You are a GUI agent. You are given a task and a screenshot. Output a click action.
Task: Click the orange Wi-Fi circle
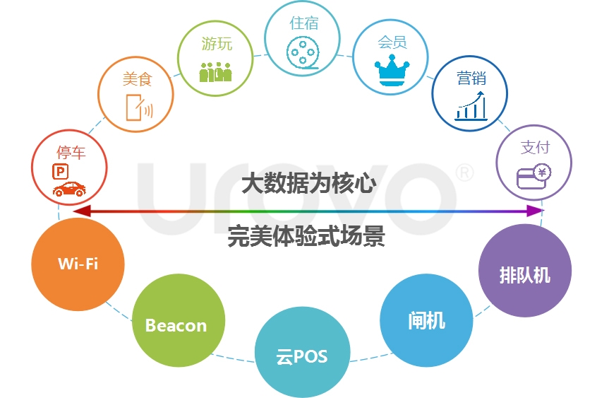click(78, 264)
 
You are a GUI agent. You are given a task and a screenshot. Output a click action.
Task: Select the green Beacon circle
click(179, 320)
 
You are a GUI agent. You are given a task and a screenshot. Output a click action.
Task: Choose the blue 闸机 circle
click(426, 320)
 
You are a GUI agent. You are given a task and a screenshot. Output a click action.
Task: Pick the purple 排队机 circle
click(525, 270)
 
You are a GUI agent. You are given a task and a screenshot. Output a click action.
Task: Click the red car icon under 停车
click(69, 189)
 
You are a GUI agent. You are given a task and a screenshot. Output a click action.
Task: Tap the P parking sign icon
click(60, 172)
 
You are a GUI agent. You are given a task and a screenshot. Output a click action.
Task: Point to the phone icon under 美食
click(139, 107)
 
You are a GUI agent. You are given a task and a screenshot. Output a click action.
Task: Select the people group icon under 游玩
click(215, 71)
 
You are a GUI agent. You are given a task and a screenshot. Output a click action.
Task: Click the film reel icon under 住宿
click(303, 52)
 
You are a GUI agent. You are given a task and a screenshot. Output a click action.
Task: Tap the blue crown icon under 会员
click(392, 71)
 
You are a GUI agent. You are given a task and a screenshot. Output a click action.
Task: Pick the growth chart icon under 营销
click(471, 105)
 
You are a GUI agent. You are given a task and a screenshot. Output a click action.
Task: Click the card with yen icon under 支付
click(533, 177)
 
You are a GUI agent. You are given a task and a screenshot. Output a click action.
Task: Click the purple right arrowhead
click(535, 211)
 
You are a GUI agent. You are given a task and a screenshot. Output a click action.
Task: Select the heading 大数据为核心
click(309, 184)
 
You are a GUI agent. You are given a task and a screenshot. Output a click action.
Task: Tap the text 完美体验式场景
click(306, 236)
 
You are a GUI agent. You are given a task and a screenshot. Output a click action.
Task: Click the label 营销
click(471, 78)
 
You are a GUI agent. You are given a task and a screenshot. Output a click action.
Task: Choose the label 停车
click(71, 153)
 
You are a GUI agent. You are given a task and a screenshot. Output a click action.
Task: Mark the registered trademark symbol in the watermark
click(464, 172)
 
